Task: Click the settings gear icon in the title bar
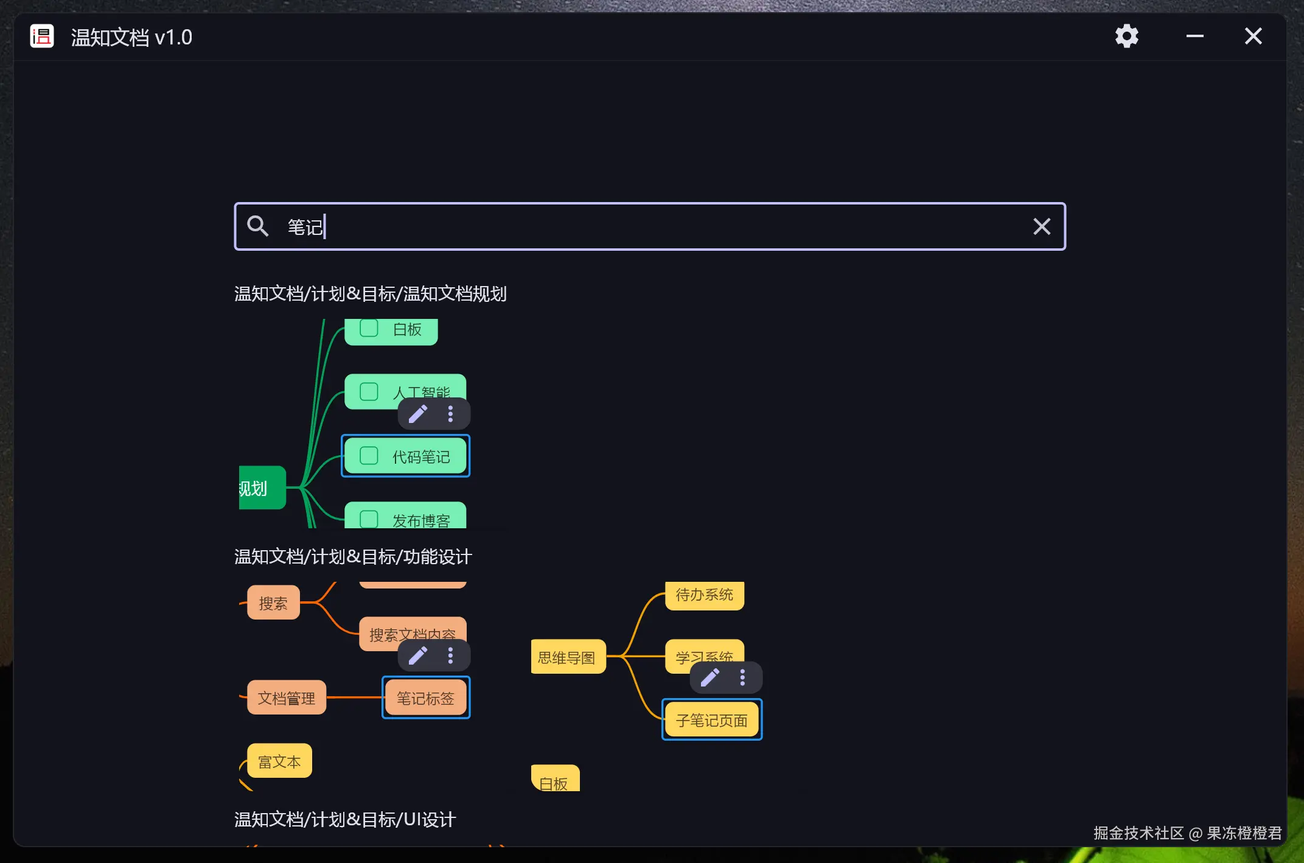pyautogui.click(x=1126, y=37)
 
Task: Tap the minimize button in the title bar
pyautogui.click(x=1194, y=37)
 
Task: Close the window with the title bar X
pyautogui.click(x=1253, y=37)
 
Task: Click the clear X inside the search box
pyautogui.click(x=1042, y=226)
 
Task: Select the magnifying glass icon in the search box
pyautogui.click(x=257, y=226)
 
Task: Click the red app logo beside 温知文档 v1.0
pyautogui.click(x=42, y=37)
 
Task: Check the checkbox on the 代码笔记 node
pyautogui.click(x=369, y=456)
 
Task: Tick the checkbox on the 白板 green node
pyautogui.click(x=369, y=329)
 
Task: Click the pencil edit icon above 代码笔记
pyautogui.click(x=418, y=414)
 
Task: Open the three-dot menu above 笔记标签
pyautogui.click(x=450, y=655)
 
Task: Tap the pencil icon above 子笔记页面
pyautogui.click(x=710, y=677)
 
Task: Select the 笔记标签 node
pyautogui.click(x=425, y=697)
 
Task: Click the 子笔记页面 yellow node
pyautogui.click(x=711, y=720)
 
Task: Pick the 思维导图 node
pyautogui.click(x=567, y=657)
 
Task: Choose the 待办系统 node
pyautogui.click(x=704, y=595)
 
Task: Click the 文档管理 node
pyautogui.click(x=286, y=697)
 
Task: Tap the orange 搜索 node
pyautogui.click(x=273, y=603)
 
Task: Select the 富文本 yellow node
pyautogui.click(x=279, y=761)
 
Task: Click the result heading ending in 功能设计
pyautogui.click(x=353, y=556)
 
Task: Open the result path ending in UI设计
pyautogui.click(x=345, y=819)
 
